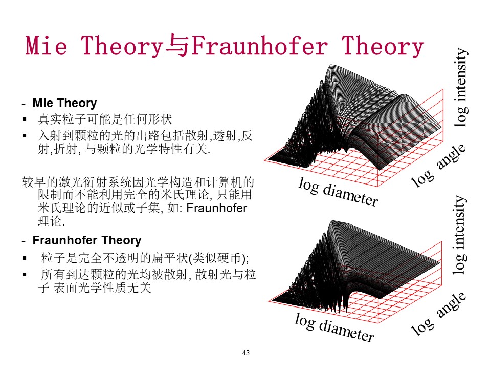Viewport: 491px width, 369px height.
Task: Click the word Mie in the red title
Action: (x=47, y=46)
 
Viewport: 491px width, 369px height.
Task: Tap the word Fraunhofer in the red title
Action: (x=259, y=46)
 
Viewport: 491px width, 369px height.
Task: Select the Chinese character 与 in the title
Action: (x=177, y=46)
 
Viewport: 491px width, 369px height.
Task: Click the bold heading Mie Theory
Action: (x=64, y=103)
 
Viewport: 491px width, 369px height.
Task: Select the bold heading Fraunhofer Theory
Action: (x=87, y=240)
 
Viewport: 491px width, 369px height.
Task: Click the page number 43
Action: (x=246, y=353)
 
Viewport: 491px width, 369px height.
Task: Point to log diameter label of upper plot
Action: (x=338, y=192)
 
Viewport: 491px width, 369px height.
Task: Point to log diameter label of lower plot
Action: (x=334, y=327)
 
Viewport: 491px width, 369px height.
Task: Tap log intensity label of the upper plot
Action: (x=461, y=87)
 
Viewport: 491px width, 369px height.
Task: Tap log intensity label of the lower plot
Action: (x=460, y=235)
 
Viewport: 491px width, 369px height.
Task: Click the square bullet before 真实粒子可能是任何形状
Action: (x=25, y=119)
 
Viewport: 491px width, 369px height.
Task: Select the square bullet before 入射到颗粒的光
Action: (x=25, y=135)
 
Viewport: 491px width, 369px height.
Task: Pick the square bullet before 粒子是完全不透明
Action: (x=25, y=258)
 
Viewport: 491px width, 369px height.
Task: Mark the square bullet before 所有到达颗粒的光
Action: (x=25, y=275)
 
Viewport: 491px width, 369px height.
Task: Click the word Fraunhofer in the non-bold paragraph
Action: (x=217, y=208)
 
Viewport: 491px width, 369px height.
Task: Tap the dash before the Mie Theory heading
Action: (x=24, y=104)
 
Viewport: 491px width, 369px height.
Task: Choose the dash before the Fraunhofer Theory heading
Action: (x=24, y=241)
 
